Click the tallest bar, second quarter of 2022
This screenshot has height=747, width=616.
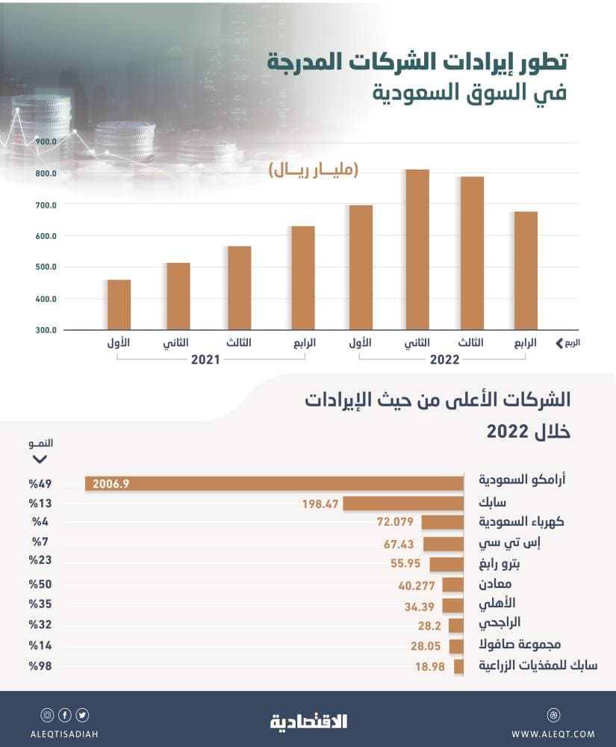click(x=417, y=249)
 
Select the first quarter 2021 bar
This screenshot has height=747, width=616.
click(x=119, y=305)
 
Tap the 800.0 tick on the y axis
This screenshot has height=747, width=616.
click(x=46, y=173)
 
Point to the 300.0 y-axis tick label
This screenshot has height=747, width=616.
click(x=46, y=330)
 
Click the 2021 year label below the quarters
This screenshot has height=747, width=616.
click(x=205, y=359)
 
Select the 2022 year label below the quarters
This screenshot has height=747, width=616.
click(x=444, y=359)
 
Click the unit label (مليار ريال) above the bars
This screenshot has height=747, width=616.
click(x=314, y=171)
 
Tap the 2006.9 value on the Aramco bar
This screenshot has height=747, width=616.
click(x=111, y=484)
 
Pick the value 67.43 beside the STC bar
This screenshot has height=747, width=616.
click(x=400, y=543)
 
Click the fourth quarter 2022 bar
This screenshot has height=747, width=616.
click(x=525, y=270)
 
